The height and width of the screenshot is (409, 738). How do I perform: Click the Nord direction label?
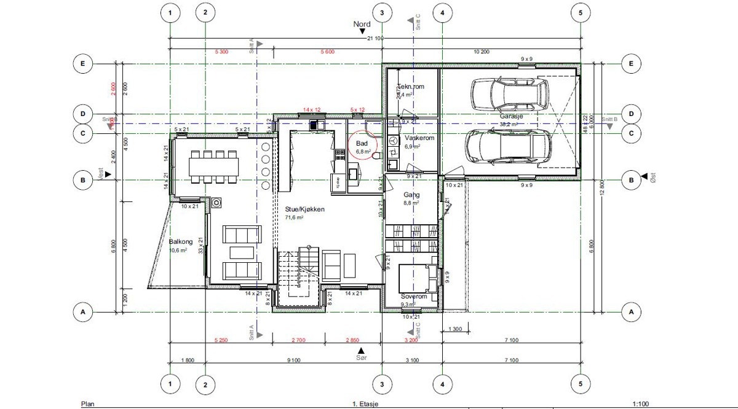click(x=362, y=25)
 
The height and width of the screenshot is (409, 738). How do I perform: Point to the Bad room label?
click(x=362, y=143)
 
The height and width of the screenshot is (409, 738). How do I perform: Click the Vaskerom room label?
click(x=419, y=139)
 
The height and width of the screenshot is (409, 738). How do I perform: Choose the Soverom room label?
click(x=413, y=297)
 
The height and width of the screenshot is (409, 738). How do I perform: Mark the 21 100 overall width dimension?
click(x=375, y=39)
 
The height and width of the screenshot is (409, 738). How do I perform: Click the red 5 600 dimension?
click(x=327, y=52)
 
